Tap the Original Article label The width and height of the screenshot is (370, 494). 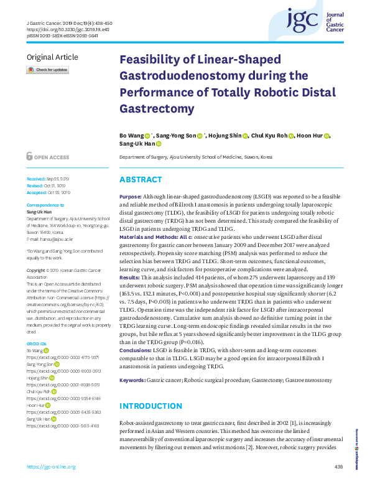click(x=52, y=58)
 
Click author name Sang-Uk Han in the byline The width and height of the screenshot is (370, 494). click(x=136, y=144)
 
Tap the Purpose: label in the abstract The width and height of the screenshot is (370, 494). click(x=131, y=196)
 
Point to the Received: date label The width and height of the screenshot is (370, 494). click(x=36, y=177)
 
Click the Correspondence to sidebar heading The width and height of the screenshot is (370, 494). click(x=45, y=205)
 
